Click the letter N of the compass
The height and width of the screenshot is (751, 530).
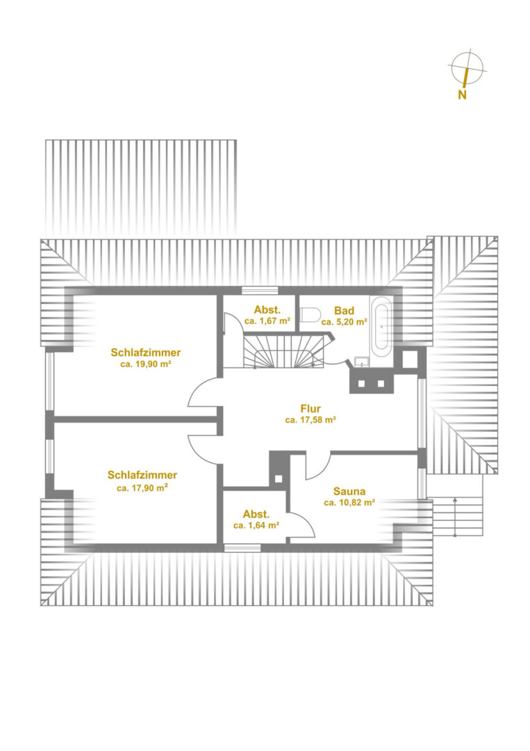(x=462, y=95)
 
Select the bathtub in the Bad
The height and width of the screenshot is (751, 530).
(x=382, y=323)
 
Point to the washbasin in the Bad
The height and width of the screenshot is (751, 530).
(x=362, y=361)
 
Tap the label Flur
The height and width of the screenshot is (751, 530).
(x=310, y=409)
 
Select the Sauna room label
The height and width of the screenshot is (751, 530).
(x=349, y=491)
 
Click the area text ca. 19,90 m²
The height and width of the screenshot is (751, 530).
(x=146, y=364)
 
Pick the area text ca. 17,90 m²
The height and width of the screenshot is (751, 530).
(x=142, y=488)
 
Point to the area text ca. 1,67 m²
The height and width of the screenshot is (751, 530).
(x=267, y=321)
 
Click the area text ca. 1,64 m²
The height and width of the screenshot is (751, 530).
(x=256, y=526)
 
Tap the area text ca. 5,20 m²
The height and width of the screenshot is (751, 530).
(x=344, y=322)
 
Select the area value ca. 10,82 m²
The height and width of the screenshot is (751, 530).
(x=349, y=503)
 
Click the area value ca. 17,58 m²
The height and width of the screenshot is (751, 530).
(x=310, y=420)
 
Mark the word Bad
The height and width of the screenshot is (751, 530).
(x=344, y=310)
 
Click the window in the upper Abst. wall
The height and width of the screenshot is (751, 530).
(x=260, y=290)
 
